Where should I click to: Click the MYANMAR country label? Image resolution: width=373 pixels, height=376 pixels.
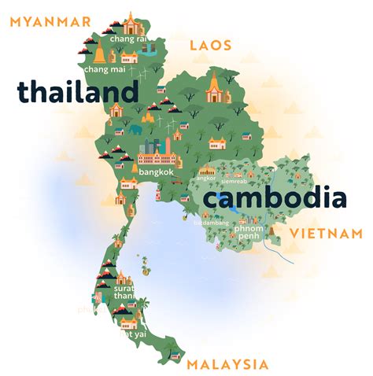click(x=50, y=21)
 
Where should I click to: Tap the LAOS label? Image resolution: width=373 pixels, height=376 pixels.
click(x=211, y=46)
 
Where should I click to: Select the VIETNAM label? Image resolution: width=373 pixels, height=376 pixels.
click(x=326, y=234)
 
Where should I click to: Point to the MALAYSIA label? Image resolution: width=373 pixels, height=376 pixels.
click(x=227, y=364)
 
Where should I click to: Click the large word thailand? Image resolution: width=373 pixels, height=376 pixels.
click(x=78, y=92)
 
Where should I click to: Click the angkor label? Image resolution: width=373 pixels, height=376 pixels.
click(x=206, y=179)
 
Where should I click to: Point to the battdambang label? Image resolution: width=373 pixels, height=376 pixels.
click(x=211, y=223)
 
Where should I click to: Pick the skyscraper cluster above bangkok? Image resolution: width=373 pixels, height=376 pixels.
click(x=152, y=147)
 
